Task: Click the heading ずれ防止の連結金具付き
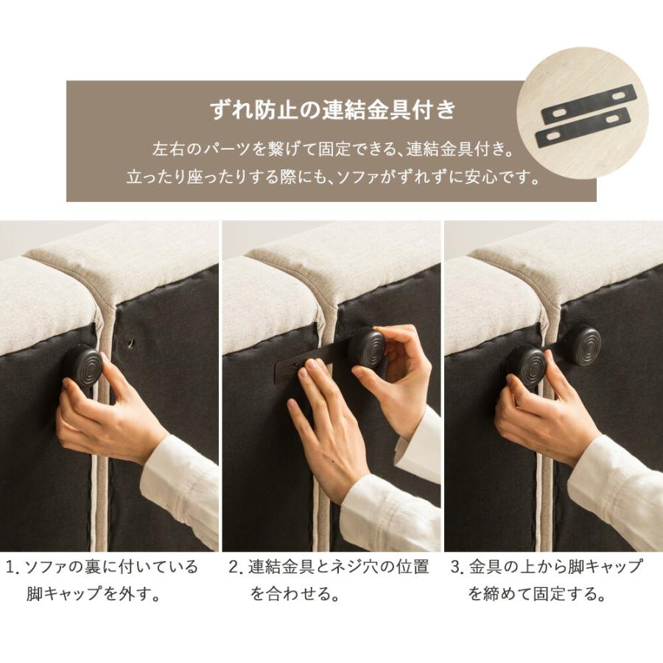[332, 111]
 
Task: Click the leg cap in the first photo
[85, 366]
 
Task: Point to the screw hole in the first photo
[130, 343]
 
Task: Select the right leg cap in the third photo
[583, 344]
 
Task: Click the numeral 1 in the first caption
[11, 568]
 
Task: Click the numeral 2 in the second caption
[234, 568]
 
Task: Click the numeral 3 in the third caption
[455, 568]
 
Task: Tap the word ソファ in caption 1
[47, 568]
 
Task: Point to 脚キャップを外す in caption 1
[93, 594]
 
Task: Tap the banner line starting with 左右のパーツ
[331, 150]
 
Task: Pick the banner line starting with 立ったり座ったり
[333, 178]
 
